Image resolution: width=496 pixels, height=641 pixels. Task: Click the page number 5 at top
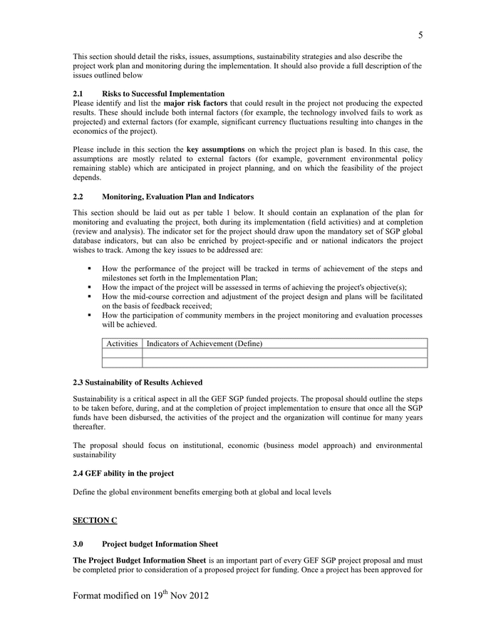coord(420,35)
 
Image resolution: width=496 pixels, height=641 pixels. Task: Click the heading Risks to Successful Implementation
coord(163,93)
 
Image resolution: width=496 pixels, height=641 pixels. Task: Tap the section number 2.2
coord(78,197)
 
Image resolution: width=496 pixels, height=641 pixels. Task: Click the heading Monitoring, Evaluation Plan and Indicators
coord(177,197)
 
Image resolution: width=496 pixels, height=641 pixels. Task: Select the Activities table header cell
coord(122,343)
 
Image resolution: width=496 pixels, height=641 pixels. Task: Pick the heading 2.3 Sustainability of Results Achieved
coord(138,382)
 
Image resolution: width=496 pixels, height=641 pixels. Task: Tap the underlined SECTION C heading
coord(95,520)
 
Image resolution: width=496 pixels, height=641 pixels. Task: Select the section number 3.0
coord(78,544)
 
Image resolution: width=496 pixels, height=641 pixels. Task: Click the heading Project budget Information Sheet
coord(160,544)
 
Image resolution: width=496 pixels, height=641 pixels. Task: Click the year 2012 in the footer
coord(198,594)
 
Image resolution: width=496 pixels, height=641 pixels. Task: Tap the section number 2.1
coord(78,93)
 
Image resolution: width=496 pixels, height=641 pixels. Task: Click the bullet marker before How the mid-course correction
coord(90,296)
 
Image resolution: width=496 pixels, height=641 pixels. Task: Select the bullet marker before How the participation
coord(90,315)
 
